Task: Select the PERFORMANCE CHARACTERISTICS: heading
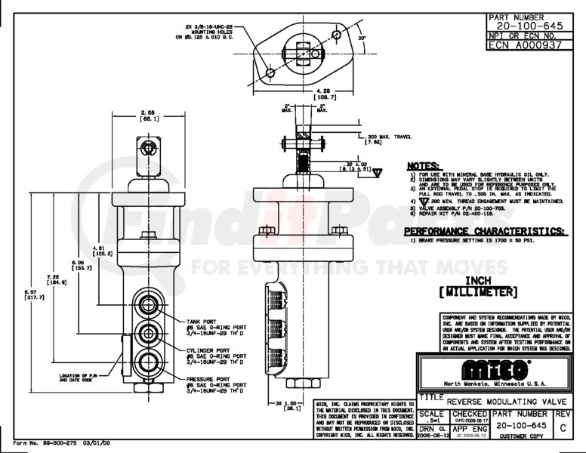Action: pyautogui.click(x=484, y=231)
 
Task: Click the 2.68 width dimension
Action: pyautogui.click(x=146, y=112)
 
